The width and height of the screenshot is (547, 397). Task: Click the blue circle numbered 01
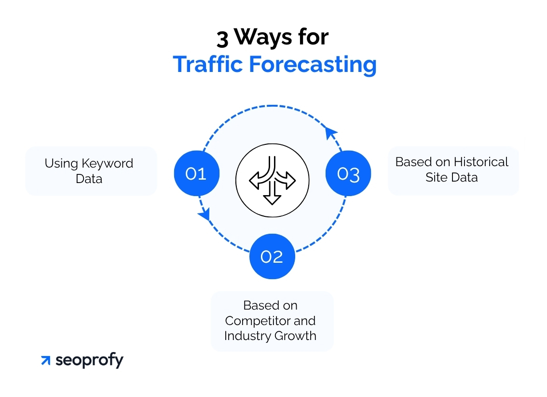(x=197, y=173)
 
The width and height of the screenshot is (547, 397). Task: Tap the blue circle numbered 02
(x=272, y=256)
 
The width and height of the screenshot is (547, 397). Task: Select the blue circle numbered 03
(x=348, y=173)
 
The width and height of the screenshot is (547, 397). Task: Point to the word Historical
(x=481, y=162)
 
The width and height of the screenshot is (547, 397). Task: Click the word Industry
(x=247, y=336)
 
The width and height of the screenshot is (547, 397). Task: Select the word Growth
(x=296, y=336)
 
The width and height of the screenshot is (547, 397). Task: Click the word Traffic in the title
(x=207, y=64)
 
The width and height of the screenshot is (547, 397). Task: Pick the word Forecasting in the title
(x=313, y=65)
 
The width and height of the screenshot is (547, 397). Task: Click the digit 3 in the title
(x=222, y=39)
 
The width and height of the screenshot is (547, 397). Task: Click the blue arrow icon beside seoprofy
(x=46, y=360)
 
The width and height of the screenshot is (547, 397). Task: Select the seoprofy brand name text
(x=89, y=360)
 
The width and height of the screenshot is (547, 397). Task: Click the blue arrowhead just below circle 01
(x=205, y=213)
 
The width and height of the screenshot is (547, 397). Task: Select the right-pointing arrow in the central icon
(x=285, y=176)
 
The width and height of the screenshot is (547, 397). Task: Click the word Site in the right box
(x=434, y=177)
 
